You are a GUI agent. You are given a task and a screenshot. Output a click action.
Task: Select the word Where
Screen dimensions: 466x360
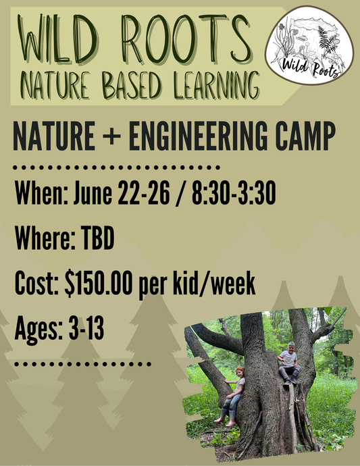tap(43, 240)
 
